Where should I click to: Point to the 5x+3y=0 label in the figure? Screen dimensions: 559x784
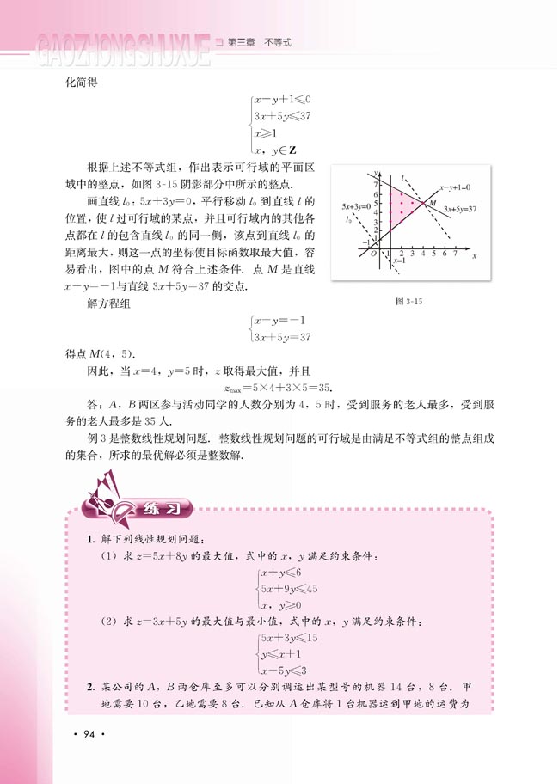(355, 207)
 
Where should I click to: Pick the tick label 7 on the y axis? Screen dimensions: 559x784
(375, 185)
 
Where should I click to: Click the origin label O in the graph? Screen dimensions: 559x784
(373, 254)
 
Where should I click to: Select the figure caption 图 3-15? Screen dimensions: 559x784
(403, 301)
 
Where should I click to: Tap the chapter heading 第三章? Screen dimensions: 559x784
(242, 40)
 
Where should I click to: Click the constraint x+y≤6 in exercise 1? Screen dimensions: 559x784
(286, 573)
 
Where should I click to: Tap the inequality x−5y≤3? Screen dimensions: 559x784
(288, 670)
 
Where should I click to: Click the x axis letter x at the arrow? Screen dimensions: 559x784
(474, 257)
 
